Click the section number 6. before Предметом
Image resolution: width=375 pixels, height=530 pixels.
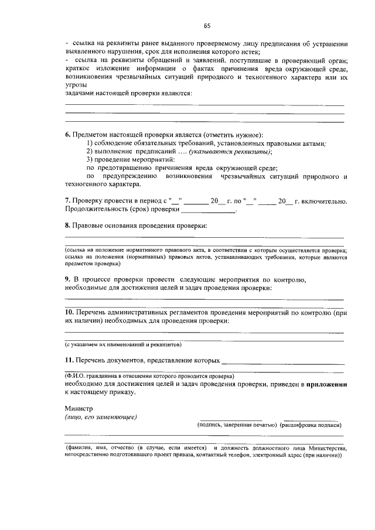pyautogui.click(x=68, y=135)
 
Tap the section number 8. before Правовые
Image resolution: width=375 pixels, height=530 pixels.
pyautogui.click(x=67, y=225)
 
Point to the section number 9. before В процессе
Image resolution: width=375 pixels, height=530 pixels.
pyautogui.click(x=67, y=279)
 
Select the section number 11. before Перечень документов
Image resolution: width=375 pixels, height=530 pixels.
pyautogui.click(x=69, y=361)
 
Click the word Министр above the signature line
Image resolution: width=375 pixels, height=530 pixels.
pyautogui.click(x=79, y=408)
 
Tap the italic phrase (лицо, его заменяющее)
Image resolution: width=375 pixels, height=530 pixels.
pyautogui.click(x=101, y=417)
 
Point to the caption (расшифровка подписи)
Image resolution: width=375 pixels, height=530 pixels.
pyautogui.click(x=311, y=425)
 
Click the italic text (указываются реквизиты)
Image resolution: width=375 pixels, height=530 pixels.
pyautogui.click(x=242, y=151)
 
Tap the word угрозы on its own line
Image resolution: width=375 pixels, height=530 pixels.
pyautogui.click(x=77, y=85)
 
